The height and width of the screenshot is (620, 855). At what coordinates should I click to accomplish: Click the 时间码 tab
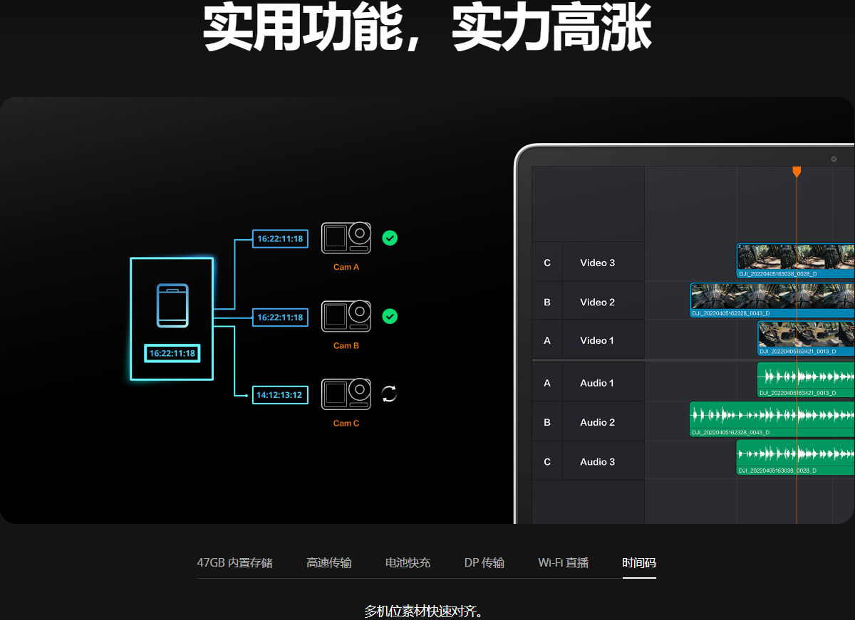(639, 562)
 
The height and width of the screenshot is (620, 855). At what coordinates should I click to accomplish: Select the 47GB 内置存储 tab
(234, 562)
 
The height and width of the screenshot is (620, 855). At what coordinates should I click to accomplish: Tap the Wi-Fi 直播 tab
(563, 562)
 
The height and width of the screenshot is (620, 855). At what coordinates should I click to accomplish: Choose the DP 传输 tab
(484, 562)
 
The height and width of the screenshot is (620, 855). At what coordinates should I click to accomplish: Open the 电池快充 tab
(408, 562)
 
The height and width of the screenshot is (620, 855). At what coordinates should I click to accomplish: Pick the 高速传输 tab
(328, 562)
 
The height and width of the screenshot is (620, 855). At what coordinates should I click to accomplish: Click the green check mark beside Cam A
(390, 238)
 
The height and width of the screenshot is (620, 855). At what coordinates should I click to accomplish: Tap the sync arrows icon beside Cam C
(389, 394)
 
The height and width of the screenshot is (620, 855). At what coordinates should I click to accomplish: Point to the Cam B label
(346, 345)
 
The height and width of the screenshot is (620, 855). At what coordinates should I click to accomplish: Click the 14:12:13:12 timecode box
(280, 395)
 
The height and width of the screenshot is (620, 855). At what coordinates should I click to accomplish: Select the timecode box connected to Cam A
(280, 238)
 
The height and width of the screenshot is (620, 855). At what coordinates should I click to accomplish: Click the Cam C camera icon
(346, 394)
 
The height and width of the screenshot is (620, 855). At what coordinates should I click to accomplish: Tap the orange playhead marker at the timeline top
(797, 172)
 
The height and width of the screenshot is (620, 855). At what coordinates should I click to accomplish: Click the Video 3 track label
(597, 263)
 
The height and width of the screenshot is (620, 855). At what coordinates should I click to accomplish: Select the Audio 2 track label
(597, 422)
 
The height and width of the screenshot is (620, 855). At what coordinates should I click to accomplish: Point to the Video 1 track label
(597, 340)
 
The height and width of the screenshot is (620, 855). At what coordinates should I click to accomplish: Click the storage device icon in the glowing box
(172, 305)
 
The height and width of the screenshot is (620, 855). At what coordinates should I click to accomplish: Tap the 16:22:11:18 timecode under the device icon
(172, 353)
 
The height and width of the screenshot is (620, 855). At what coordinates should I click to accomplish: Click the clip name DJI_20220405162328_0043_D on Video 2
(730, 313)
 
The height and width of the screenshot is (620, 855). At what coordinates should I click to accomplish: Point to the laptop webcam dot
(834, 159)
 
